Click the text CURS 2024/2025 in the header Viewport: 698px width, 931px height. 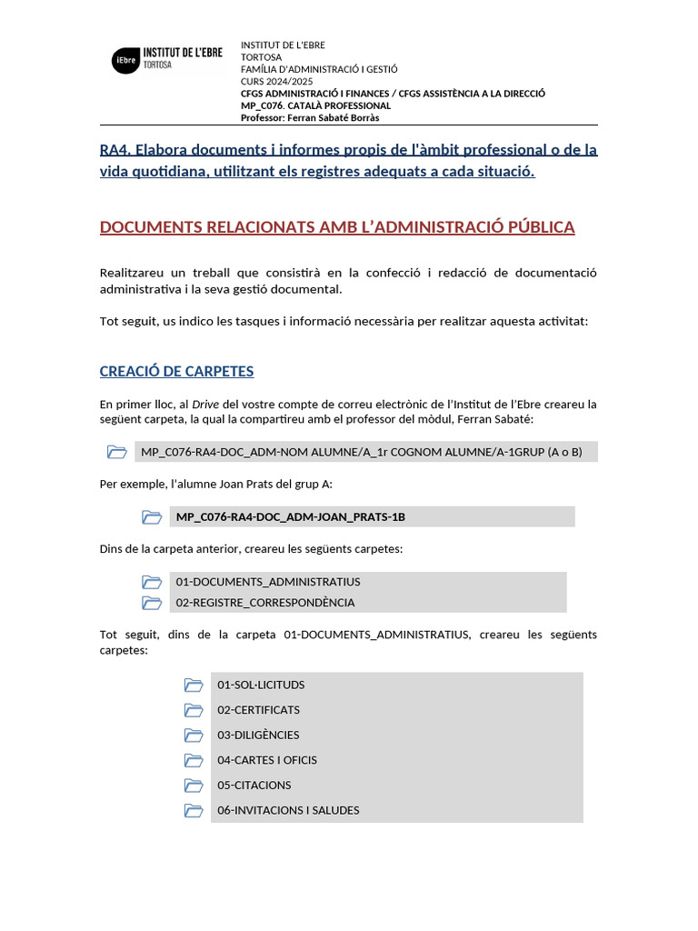click(x=271, y=82)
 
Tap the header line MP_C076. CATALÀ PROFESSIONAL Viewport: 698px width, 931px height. click(x=315, y=105)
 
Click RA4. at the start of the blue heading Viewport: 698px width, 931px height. click(x=115, y=149)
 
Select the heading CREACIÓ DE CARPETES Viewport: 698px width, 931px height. click(x=176, y=371)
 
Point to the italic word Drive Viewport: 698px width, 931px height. click(x=205, y=404)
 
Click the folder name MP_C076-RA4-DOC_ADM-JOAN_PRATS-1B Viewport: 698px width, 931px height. click(x=291, y=516)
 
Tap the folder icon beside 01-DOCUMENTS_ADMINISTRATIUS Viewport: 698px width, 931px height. click(x=152, y=582)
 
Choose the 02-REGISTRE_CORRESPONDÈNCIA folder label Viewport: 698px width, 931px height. click(x=265, y=602)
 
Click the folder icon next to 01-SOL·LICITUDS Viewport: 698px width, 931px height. click(x=194, y=685)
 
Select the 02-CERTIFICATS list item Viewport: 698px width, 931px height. click(x=258, y=710)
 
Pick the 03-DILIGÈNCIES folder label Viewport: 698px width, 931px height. click(x=258, y=735)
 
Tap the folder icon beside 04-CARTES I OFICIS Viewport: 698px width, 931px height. click(x=194, y=760)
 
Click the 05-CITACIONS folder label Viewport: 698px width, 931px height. click(x=254, y=785)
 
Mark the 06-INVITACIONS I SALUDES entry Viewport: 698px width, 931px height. click(x=288, y=810)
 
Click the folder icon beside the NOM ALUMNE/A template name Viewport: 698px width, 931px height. click(x=116, y=452)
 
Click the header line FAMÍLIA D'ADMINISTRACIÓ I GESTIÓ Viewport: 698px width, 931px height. click(x=318, y=69)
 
